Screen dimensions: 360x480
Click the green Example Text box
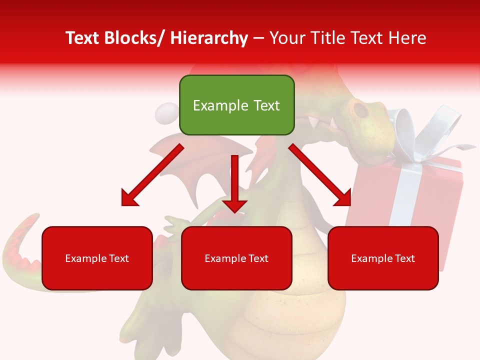236,105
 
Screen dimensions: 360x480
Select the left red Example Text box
97,258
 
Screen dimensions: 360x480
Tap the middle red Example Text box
236,258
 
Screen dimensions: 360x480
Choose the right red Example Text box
383,258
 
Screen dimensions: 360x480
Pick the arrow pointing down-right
320,175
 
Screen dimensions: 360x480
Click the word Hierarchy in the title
208,38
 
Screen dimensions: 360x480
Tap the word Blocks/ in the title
133,38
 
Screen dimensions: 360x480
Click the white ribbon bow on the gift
430,130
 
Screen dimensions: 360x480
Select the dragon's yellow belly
300,310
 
